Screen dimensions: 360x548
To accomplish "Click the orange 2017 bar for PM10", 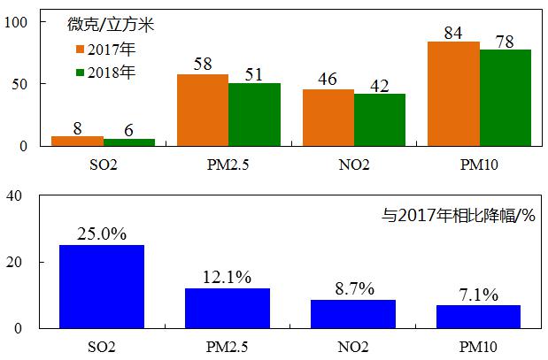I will (453, 94).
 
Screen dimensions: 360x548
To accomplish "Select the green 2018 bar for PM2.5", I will (254, 114).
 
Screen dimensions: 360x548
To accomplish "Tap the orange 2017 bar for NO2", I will (328, 118).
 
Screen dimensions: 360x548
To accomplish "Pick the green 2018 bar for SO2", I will (128, 142).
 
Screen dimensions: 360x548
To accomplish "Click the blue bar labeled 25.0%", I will (102, 287).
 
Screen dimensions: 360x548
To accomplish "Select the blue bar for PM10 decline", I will (479, 317).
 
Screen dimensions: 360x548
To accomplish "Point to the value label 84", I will (454, 34).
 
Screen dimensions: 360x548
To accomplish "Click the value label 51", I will (254, 74).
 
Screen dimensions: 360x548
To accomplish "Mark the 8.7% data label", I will (353, 289).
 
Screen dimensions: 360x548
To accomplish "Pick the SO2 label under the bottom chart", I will (102, 346).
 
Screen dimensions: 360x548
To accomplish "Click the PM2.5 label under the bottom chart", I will (228, 346).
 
